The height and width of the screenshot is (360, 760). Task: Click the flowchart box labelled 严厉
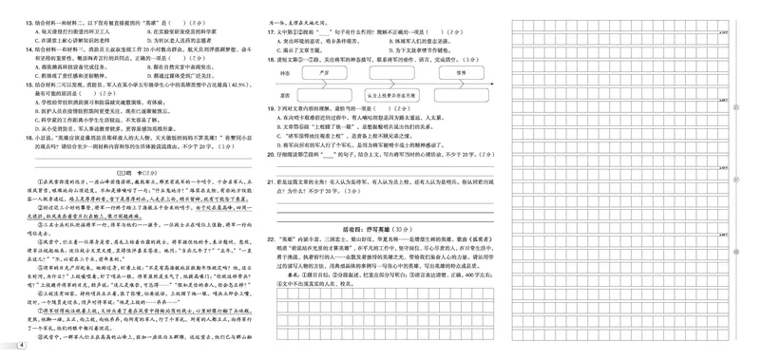coord(324,71)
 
